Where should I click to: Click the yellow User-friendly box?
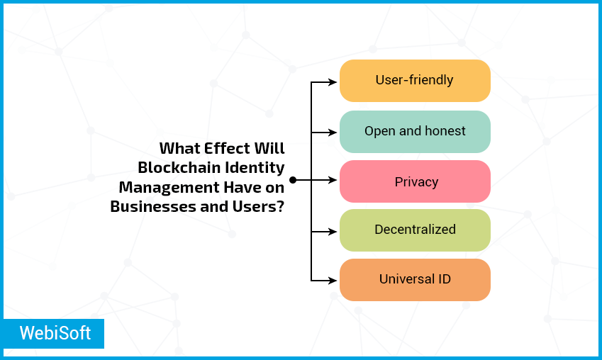click(415, 81)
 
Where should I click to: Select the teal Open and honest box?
click(415, 132)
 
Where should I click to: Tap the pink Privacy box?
click(415, 181)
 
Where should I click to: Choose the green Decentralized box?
click(415, 230)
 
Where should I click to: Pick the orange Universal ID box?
click(415, 280)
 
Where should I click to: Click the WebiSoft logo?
click(53, 334)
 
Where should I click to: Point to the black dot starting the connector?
click(293, 180)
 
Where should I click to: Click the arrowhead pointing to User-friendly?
click(333, 81)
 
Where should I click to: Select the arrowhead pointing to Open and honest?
click(333, 133)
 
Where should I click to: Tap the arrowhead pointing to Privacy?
click(333, 180)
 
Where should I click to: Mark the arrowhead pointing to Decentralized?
click(333, 232)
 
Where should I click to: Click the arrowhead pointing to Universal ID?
click(333, 281)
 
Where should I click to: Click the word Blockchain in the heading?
click(179, 167)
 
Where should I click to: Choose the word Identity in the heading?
click(255, 168)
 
